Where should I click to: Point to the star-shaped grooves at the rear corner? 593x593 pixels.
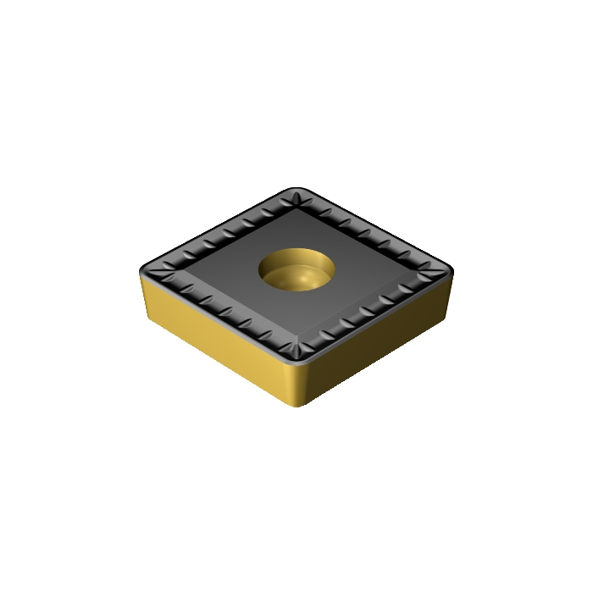click(x=297, y=197)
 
